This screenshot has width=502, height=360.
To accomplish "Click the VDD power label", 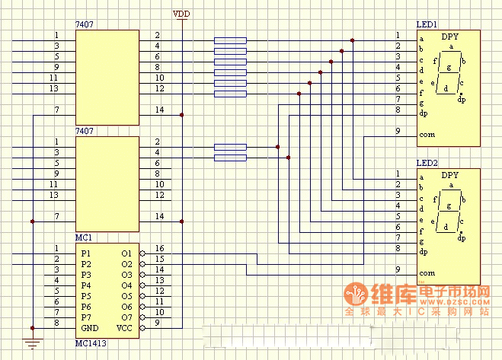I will (x=182, y=14).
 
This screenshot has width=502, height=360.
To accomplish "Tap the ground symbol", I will (x=32, y=342).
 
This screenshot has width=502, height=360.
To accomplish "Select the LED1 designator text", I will (x=427, y=25).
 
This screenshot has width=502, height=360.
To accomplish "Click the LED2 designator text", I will (x=427, y=163).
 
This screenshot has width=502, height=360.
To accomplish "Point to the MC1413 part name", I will (x=92, y=344).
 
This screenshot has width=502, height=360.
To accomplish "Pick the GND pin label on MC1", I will (x=90, y=327).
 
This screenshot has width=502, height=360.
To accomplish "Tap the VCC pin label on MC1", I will (x=125, y=327).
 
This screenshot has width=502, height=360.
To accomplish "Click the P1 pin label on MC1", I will (x=86, y=253).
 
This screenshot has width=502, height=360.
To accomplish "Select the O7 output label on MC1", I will (x=126, y=317).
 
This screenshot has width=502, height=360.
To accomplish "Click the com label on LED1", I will (x=427, y=135).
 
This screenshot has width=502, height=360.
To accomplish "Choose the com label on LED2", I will (x=427, y=272).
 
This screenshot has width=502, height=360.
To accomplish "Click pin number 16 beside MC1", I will (x=159, y=248).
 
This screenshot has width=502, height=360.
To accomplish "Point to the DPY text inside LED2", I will (x=450, y=174).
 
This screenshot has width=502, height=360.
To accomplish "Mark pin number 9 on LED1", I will (x=398, y=131).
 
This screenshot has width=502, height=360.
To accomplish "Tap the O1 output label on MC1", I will (x=126, y=253).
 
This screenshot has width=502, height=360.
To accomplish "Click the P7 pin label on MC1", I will (x=86, y=317).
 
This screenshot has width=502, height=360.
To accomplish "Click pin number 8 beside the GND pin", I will (x=56, y=323).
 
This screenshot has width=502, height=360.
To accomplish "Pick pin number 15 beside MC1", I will (x=159, y=259).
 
